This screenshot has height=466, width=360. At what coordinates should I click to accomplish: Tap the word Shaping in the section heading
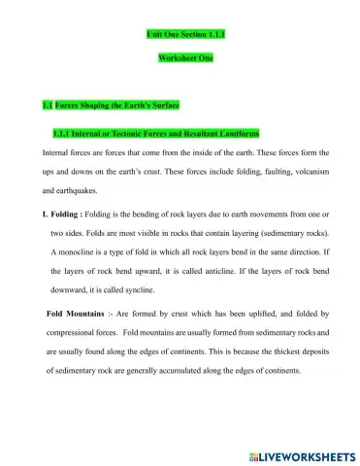point(89,105)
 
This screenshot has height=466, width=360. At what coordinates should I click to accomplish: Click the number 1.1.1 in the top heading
point(213,34)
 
